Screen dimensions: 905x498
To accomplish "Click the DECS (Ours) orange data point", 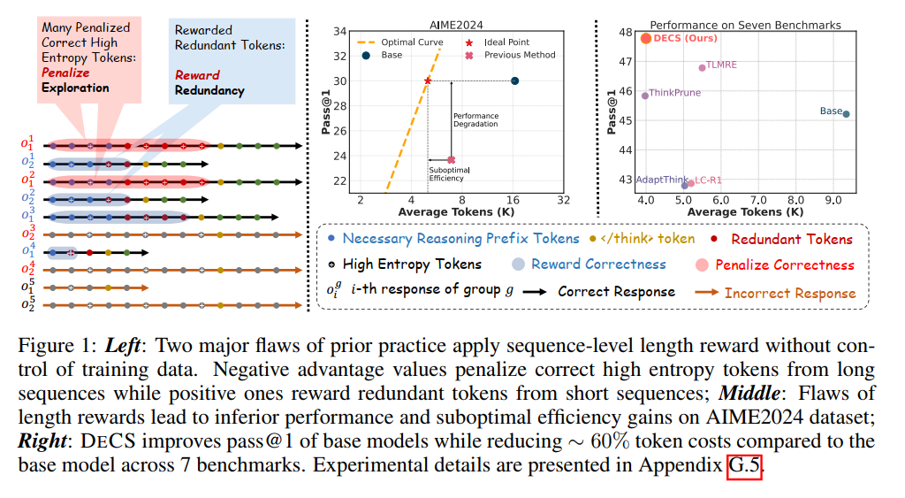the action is [x=646, y=39].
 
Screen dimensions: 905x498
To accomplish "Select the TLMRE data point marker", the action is [x=702, y=67].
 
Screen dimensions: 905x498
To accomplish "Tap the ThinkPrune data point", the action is [x=645, y=96].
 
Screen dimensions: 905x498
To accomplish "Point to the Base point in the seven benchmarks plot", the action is [x=846, y=114].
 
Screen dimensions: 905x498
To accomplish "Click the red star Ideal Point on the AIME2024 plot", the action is [x=428, y=80].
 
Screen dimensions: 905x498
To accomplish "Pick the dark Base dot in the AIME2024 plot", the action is [x=515, y=80].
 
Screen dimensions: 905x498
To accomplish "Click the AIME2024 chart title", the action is [x=456, y=25].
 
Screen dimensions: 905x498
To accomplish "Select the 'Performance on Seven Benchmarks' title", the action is [x=745, y=25].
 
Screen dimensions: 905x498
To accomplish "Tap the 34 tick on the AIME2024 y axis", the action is [x=340, y=31].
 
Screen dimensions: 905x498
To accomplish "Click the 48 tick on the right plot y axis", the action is [x=626, y=32].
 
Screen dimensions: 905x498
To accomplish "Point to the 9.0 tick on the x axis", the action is [x=833, y=200].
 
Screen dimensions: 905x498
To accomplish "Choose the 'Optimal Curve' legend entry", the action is [x=400, y=42].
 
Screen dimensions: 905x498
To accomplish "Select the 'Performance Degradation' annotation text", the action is [x=475, y=119].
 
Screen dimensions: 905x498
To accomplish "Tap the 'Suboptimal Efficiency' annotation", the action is [x=449, y=174].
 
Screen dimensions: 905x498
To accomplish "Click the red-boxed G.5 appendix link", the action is [x=744, y=465].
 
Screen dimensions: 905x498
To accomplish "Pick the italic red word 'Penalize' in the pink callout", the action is [x=65, y=73].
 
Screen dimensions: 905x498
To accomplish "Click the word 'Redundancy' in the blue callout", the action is [x=209, y=91].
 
